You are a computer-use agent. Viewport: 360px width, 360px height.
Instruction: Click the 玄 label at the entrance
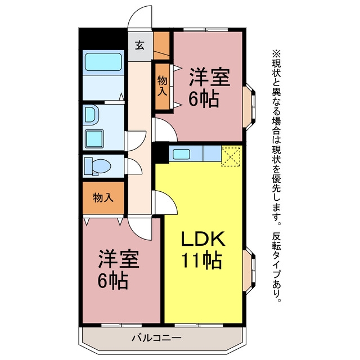[x=140, y=46]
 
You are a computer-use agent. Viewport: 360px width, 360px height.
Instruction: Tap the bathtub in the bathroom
[x=103, y=62]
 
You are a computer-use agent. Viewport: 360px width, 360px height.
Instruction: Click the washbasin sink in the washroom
[x=92, y=115]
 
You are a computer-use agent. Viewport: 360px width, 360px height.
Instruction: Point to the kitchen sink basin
[x=181, y=154]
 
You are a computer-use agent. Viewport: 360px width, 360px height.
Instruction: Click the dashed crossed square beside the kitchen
[x=231, y=157]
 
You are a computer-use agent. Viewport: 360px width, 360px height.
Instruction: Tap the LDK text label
[x=203, y=238]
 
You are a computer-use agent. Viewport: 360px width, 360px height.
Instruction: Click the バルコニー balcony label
[x=156, y=337]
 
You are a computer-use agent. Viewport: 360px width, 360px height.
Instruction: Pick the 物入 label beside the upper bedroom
[x=163, y=86]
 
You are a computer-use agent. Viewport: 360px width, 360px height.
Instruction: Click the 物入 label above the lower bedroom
[x=103, y=197]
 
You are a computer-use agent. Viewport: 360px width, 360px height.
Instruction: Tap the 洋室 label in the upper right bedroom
[x=209, y=78]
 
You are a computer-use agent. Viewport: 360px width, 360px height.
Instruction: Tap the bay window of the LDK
[x=249, y=271]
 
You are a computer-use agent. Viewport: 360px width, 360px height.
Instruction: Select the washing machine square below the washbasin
[x=94, y=139]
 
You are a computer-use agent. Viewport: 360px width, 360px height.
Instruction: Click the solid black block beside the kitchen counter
[x=160, y=154]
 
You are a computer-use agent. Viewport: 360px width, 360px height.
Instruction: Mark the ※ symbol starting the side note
[x=276, y=54]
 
